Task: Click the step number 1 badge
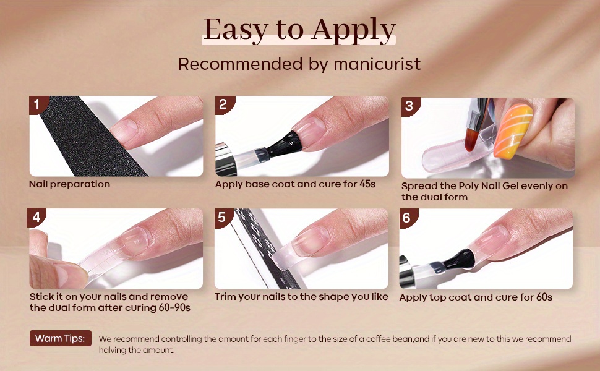pyautogui.click(x=38, y=104)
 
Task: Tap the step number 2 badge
pyautogui.click(x=223, y=104)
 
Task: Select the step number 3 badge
pyautogui.click(x=410, y=106)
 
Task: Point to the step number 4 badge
pyautogui.click(x=36, y=217)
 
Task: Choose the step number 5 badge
pyautogui.click(x=222, y=217)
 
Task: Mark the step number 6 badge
pyautogui.click(x=407, y=218)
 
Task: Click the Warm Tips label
pyautogui.click(x=61, y=338)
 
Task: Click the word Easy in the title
pyautogui.click(x=235, y=30)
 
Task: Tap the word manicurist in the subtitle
pyautogui.click(x=377, y=64)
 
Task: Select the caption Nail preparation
pyautogui.click(x=70, y=184)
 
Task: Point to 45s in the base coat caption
pyautogui.click(x=367, y=184)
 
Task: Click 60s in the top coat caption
pyautogui.click(x=544, y=297)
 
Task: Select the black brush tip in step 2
pyautogui.click(x=285, y=145)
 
